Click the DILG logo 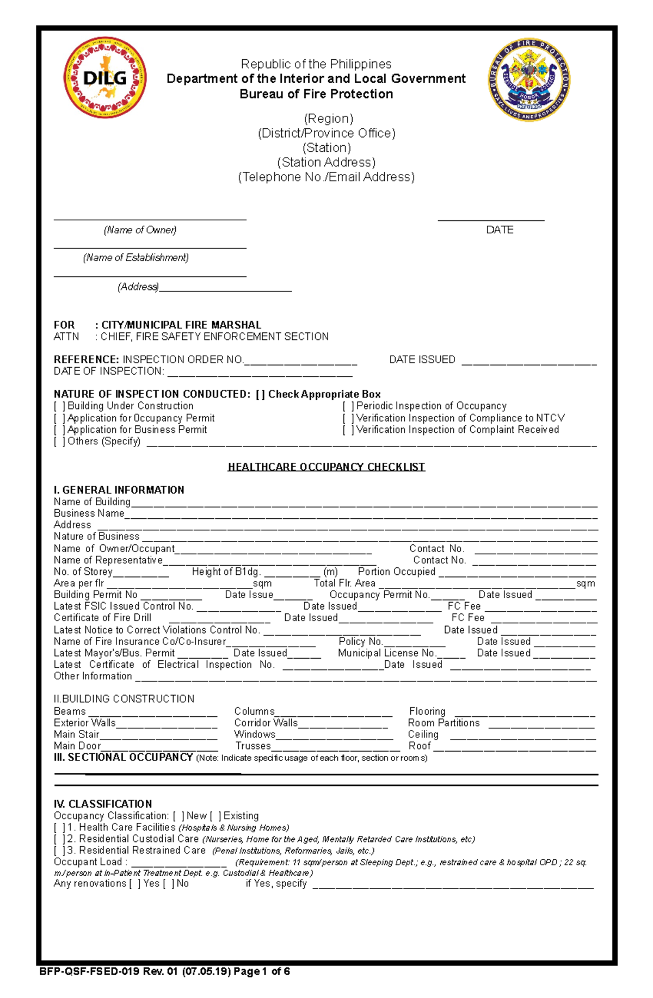tap(105, 78)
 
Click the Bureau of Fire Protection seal tap(529, 80)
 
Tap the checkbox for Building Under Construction tap(59, 406)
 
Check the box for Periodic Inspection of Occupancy tap(348, 406)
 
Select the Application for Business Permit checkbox tap(59, 430)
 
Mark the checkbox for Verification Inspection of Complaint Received tap(348, 430)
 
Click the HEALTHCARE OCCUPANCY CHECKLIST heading tap(326, 467)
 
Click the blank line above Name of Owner tap(150, 218)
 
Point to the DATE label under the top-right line tap(500, 230)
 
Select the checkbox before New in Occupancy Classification tap(178, 816)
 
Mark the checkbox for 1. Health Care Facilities tap(59, 828)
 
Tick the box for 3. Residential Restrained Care tap(59, 851)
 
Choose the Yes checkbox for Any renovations tap(134, 884)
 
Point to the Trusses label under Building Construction tap(252, 746)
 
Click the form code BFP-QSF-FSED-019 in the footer tap(89, 971)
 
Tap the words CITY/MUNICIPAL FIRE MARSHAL tap(181, 325)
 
